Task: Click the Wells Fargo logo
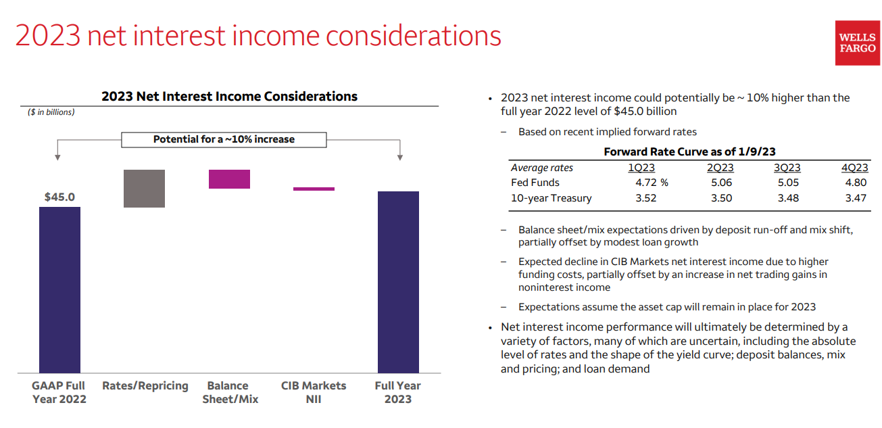857,43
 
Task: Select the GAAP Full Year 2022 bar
59,289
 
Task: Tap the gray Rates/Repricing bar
144,188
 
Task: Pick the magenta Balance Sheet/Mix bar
229,179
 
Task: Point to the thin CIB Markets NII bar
314,189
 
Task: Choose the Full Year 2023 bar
398,282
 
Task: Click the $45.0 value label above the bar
59,197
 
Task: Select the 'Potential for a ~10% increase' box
224,139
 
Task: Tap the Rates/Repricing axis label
145,386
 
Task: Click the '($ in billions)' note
51,112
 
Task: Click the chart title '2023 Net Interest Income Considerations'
229,96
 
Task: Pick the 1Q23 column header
641,168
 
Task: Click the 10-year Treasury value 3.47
855,198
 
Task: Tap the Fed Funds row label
535,183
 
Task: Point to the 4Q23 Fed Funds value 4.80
855,183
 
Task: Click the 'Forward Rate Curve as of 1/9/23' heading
689,152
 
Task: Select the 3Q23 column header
787,168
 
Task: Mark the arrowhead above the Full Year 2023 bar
400,158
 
